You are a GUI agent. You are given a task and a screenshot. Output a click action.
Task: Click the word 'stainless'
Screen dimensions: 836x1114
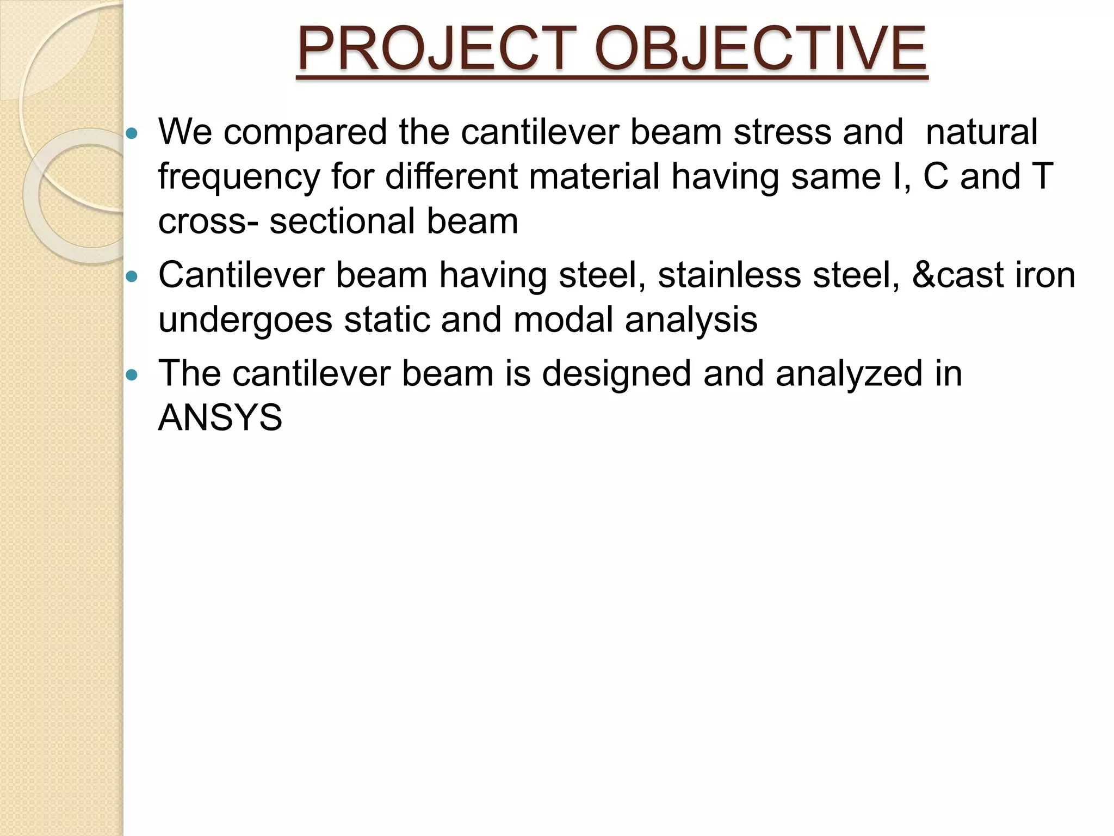(x=729, y=275)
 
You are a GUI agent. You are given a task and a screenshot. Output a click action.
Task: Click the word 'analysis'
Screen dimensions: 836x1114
(x=691, y=321)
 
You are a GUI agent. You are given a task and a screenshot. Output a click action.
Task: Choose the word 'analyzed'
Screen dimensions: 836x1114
(x=849, y=375)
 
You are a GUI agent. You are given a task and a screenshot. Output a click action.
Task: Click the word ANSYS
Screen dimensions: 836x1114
(x=220, y=418)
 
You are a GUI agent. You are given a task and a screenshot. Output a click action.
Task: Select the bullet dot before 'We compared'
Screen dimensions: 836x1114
(x=132, y=133)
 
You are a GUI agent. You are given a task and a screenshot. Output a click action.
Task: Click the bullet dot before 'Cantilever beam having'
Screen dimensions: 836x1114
(x=132, y=276)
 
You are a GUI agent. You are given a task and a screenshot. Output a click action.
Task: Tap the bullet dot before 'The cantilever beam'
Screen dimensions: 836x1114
(x=132, y=375)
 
